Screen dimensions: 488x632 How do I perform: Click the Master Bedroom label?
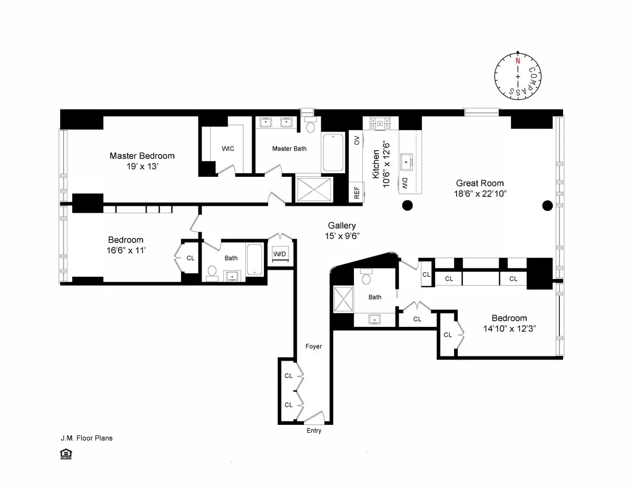pyautogui.click(x=142, y=156)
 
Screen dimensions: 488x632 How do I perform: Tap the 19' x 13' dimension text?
pyautogui.click(x=142, y=166)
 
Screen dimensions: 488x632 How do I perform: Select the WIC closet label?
pyautogui.click(x=228, y=148)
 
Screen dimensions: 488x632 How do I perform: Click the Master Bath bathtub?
pyautogui.click(x=332, y=153)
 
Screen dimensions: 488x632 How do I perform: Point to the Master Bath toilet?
pyautogui.click(x=310, y=126)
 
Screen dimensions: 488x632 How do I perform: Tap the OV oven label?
pyautogui.click(x=357, y=140)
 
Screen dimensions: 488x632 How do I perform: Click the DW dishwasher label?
pyautogui.click(x=405, y=183)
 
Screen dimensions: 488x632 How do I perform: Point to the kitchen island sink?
pyautogui.click(x=406, y=162)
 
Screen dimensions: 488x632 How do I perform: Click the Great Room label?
pyautogui.click(x=479, y=183)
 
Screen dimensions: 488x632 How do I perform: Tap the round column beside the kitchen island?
pyautogui.click(x=407, y=205)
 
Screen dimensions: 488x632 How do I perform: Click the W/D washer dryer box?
pyautogui.click(x=279, y=254)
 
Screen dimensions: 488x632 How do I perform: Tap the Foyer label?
pyautogui.click(x=313, y=346)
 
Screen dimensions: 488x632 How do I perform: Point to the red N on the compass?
pyautogui.click(x=518, y=61)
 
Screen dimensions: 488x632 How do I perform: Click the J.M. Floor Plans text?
pyautogui.click(x=86, y=438)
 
